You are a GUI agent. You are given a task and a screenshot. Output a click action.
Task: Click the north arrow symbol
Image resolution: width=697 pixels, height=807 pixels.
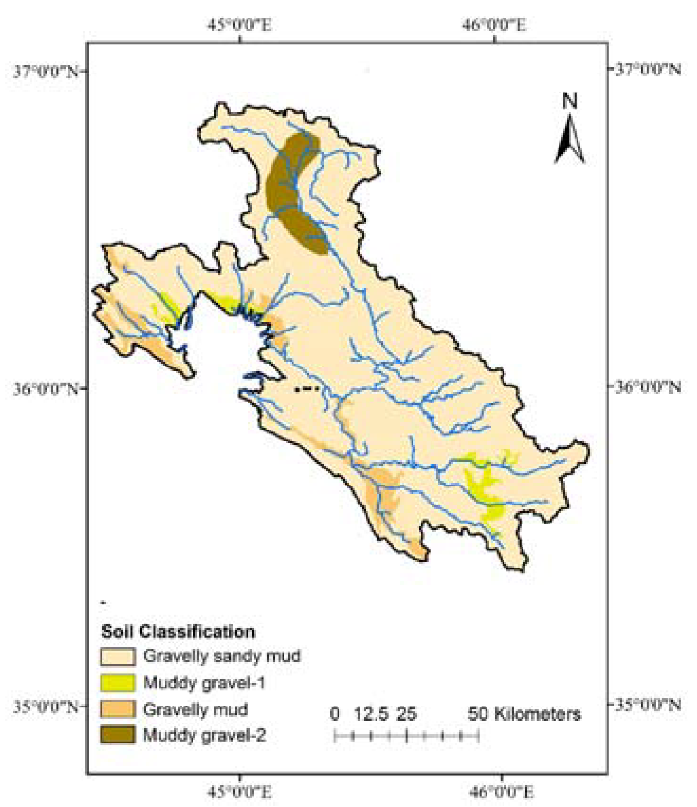pos(570,141)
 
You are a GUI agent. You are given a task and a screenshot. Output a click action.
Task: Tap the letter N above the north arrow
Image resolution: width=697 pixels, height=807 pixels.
pos(570,101)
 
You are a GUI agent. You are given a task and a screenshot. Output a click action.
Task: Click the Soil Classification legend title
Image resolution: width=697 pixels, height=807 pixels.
pos(178,632)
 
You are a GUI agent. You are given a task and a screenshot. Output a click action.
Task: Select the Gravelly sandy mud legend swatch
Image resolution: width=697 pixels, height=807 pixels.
pos(118,657)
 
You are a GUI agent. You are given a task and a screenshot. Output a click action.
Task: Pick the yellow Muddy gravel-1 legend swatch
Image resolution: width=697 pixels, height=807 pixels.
pos(118,683)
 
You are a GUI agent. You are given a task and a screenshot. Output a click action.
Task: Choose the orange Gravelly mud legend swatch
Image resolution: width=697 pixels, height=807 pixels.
pos(118,709)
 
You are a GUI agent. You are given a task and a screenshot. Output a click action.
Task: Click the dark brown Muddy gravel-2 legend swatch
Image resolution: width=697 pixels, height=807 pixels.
pos(118,735)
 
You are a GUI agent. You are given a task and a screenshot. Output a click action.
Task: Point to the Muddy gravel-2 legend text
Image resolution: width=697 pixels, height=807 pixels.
pos(204,735)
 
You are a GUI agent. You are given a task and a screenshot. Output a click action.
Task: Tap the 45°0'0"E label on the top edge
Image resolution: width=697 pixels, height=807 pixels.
pos(239,24)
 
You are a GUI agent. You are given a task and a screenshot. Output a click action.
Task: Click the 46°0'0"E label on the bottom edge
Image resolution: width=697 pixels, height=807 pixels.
pos(501,792)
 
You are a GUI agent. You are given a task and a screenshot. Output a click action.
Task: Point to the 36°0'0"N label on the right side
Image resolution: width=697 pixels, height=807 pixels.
pos(648,387)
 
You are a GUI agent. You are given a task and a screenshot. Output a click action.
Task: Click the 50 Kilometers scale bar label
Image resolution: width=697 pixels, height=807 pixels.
pos(524,714)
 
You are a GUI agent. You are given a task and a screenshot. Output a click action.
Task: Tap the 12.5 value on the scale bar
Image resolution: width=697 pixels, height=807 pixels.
pos(371,714)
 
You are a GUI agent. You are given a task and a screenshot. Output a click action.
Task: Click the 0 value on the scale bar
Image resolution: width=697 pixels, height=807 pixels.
pos(335,714)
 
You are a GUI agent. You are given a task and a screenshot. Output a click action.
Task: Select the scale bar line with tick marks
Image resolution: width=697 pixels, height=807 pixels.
pos(407,736)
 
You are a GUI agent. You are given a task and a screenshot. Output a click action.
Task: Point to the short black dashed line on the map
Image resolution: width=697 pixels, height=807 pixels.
pos(307,389)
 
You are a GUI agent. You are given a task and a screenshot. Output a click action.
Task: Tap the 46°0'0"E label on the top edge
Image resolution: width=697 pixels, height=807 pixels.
pos(494,24)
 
